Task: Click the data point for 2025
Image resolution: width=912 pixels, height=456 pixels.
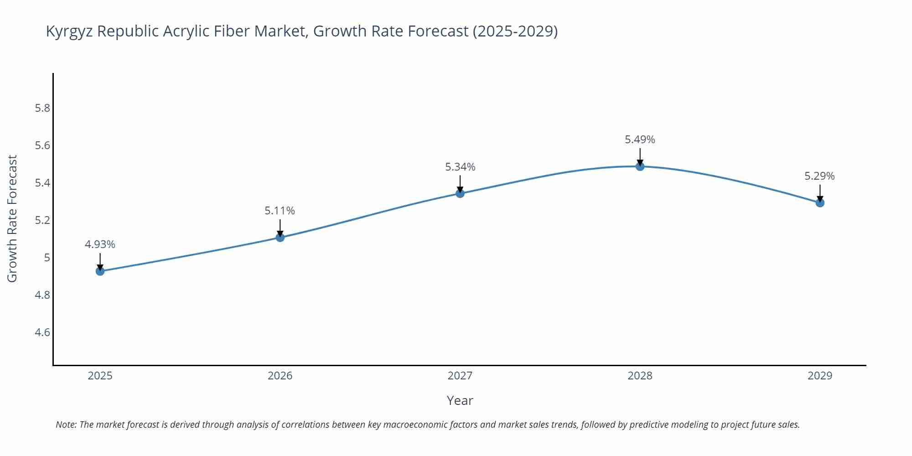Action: [100, 271]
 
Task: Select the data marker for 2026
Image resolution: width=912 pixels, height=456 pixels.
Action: [280, 238]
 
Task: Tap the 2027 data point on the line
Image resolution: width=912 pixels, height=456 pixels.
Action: [460, 193]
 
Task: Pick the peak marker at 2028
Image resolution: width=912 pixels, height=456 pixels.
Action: [640, 166]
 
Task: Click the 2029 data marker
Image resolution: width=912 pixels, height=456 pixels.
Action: [820, 203]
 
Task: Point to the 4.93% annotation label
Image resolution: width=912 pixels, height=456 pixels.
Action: [100, 244]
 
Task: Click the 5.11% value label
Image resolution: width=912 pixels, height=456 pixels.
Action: [280, 211]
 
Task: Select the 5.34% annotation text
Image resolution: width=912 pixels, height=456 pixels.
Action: [460, 167]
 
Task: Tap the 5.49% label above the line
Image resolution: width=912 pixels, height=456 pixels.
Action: [640, 140]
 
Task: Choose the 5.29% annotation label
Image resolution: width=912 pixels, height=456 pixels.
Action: [819, 176]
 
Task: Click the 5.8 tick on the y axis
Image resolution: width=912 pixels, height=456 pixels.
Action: [42, 108]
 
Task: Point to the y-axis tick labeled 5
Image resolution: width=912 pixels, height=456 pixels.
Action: [47, 258]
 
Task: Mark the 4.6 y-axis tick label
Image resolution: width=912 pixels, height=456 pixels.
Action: [42, 332]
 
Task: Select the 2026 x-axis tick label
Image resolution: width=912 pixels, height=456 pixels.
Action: [280, 376]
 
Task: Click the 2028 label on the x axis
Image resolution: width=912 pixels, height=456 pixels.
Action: [640, 376]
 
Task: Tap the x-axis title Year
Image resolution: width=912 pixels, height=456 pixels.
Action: [460, 400]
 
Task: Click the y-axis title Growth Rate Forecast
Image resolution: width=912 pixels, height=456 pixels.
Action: [12, 219]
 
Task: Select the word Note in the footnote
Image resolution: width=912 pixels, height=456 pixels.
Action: [66, 425]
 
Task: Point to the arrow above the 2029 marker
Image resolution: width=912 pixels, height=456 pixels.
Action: [820, 192]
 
